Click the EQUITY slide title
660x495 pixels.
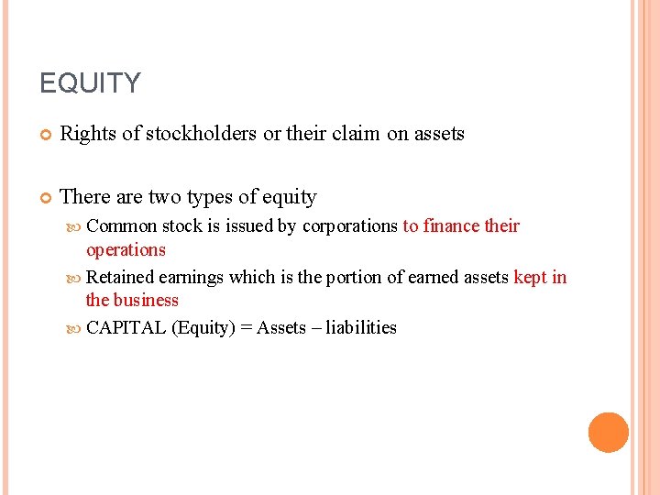coord(90,83)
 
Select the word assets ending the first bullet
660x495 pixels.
coord(439,134)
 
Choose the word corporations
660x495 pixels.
coord(350,226)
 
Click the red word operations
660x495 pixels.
coord(126,250)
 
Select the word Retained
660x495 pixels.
coord(120,278)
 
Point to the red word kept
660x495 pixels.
coord(531,278)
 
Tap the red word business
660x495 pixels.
coord(146,301)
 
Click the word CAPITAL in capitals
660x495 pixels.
coord(126,328)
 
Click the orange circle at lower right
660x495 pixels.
coord(608,432)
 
